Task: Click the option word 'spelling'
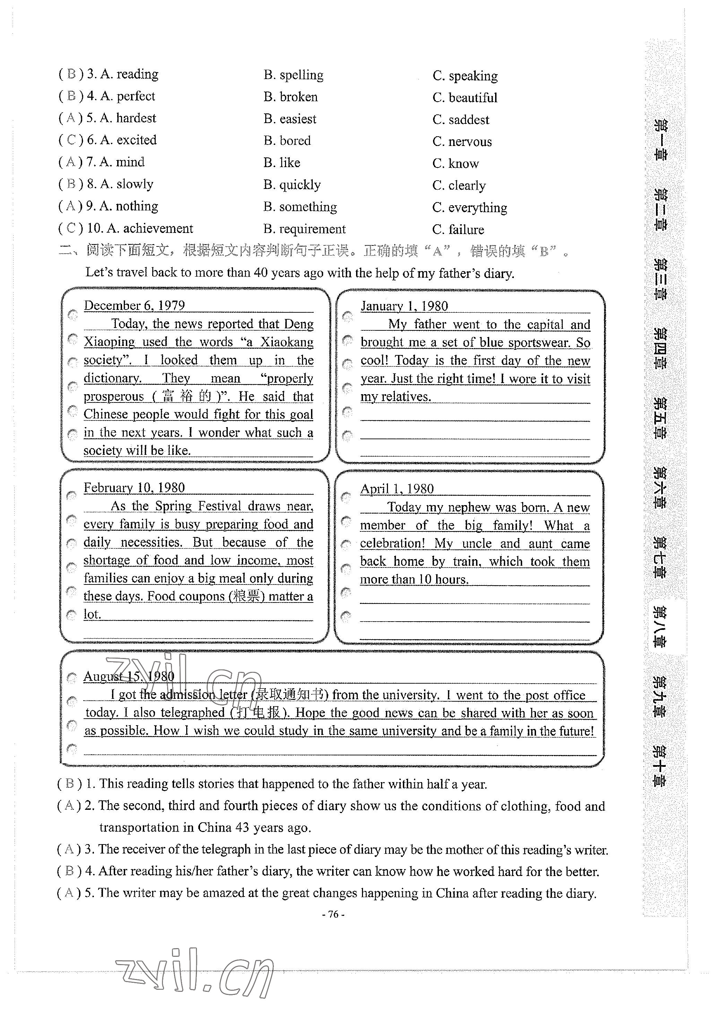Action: click(x=301, y=75)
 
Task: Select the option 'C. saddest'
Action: click(x=461, y=120)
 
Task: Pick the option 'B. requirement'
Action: click(x=304, y=229)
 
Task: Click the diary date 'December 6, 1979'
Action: click(x=134, y=306)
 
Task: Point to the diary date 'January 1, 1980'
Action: click(x=404, y=306)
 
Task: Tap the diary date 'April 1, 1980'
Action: click(x=397, y=488)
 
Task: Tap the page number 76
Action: click(x=334, y=914)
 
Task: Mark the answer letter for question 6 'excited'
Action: click(x=71, y=140)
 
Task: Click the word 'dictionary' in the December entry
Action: click(x=112, y=379)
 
